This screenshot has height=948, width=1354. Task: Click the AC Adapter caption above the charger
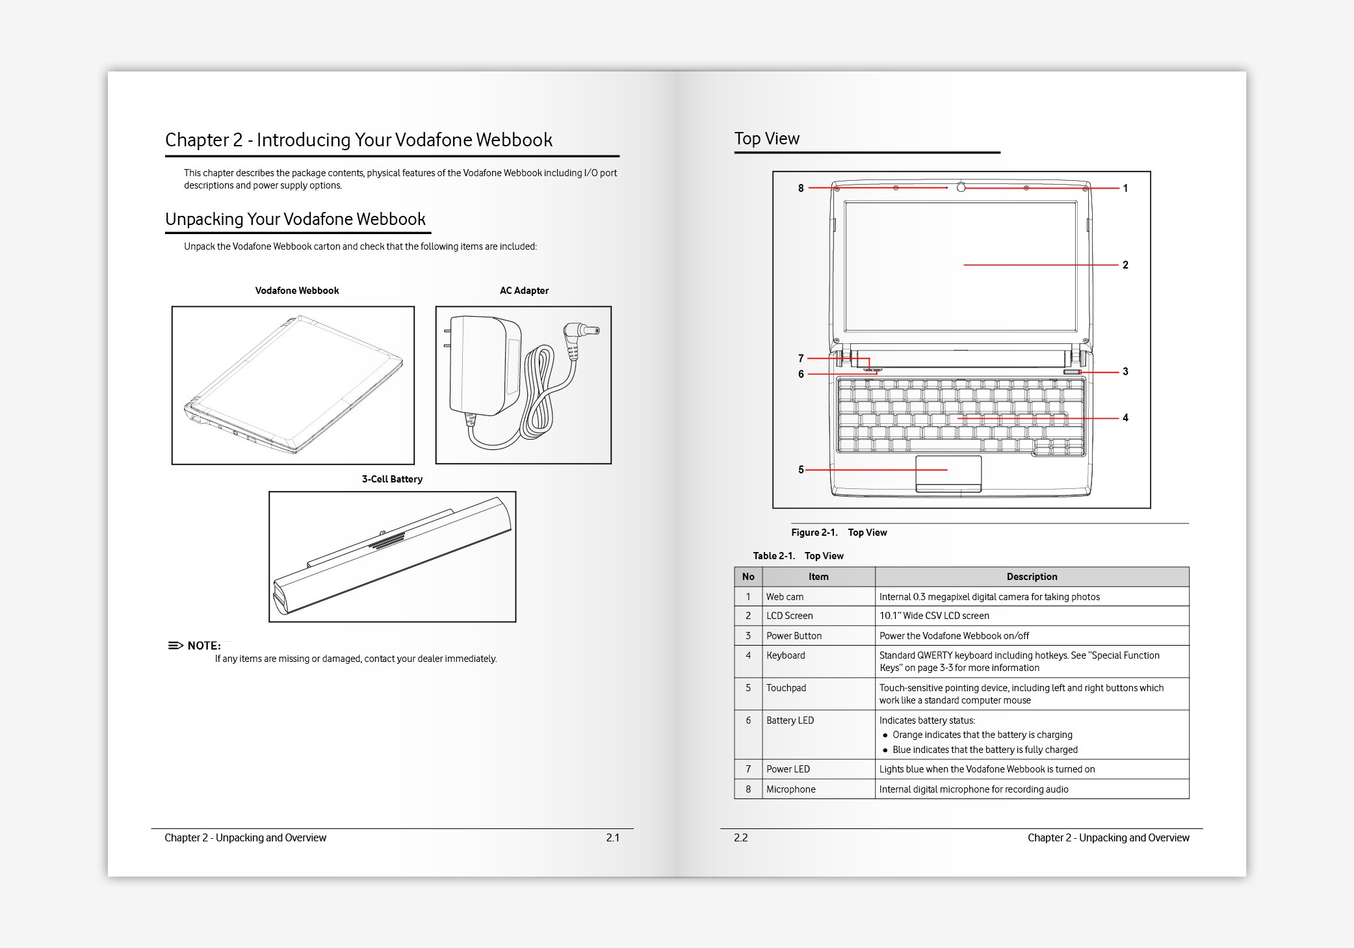tap(524, 291)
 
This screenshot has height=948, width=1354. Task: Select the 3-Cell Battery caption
tap(392, 479)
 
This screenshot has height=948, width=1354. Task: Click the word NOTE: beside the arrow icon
tap(203, 646)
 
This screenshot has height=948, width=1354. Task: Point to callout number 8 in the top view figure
tap(801, 189)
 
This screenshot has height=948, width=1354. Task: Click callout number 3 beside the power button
tap(1125, 372)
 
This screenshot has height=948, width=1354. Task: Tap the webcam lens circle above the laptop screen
tap(961, 188)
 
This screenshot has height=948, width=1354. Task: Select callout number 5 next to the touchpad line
tap(801, 469)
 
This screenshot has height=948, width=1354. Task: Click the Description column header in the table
tap(1032, 577)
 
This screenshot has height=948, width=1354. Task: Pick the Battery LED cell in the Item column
tap(790, 720)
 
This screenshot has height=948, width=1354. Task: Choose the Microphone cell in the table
tap(790, 789)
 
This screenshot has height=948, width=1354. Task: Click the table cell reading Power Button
tap(794, 636)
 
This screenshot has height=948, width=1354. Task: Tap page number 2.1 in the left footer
tap(612, 837)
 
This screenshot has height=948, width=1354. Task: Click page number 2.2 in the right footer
tap(741, 837)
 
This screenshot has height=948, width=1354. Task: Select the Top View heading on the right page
tap(767, 138)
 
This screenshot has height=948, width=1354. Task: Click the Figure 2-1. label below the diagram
tap(814, 533)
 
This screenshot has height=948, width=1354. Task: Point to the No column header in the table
tap(748, 577)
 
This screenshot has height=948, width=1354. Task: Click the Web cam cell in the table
tap(785, 597)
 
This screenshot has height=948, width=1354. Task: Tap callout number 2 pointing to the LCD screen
tap(1125, 265)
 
